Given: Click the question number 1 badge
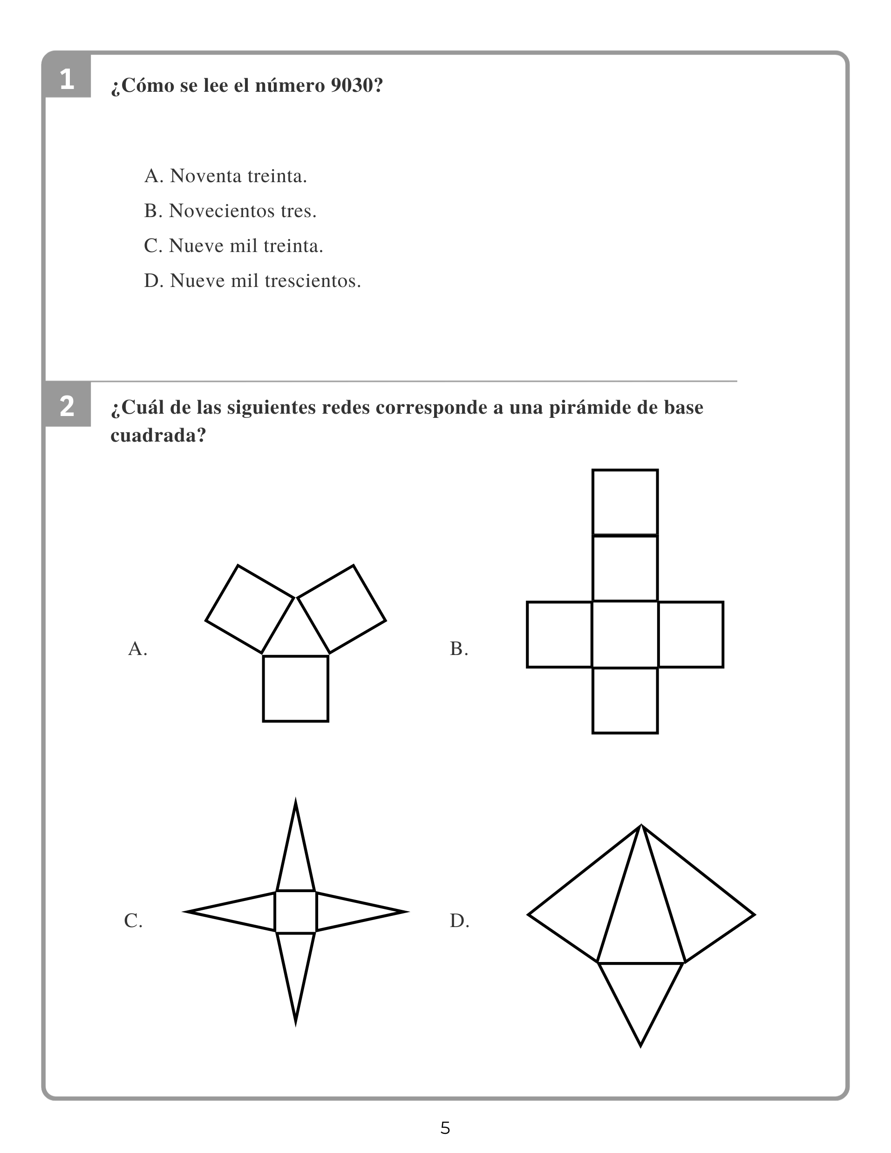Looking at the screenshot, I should click(67, 79).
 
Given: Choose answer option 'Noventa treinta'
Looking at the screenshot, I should click(225, 176).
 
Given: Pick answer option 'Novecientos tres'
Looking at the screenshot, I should click(230, 211).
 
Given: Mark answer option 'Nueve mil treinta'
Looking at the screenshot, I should click(233, 246).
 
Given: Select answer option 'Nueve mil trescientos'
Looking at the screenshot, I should click(252, 281).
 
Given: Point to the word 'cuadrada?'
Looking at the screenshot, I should click(158, 436).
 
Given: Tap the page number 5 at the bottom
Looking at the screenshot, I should click(445, 1128).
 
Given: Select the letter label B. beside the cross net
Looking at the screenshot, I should click(459, 648).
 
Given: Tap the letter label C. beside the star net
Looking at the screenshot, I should click(134, 921).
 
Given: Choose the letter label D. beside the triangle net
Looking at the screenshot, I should click(459, 921).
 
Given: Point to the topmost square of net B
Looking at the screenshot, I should click(625, 502).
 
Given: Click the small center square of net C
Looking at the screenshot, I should click(296, 912).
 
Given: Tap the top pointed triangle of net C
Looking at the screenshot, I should click(296, 855).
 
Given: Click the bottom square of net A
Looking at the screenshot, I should click(296, 689).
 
